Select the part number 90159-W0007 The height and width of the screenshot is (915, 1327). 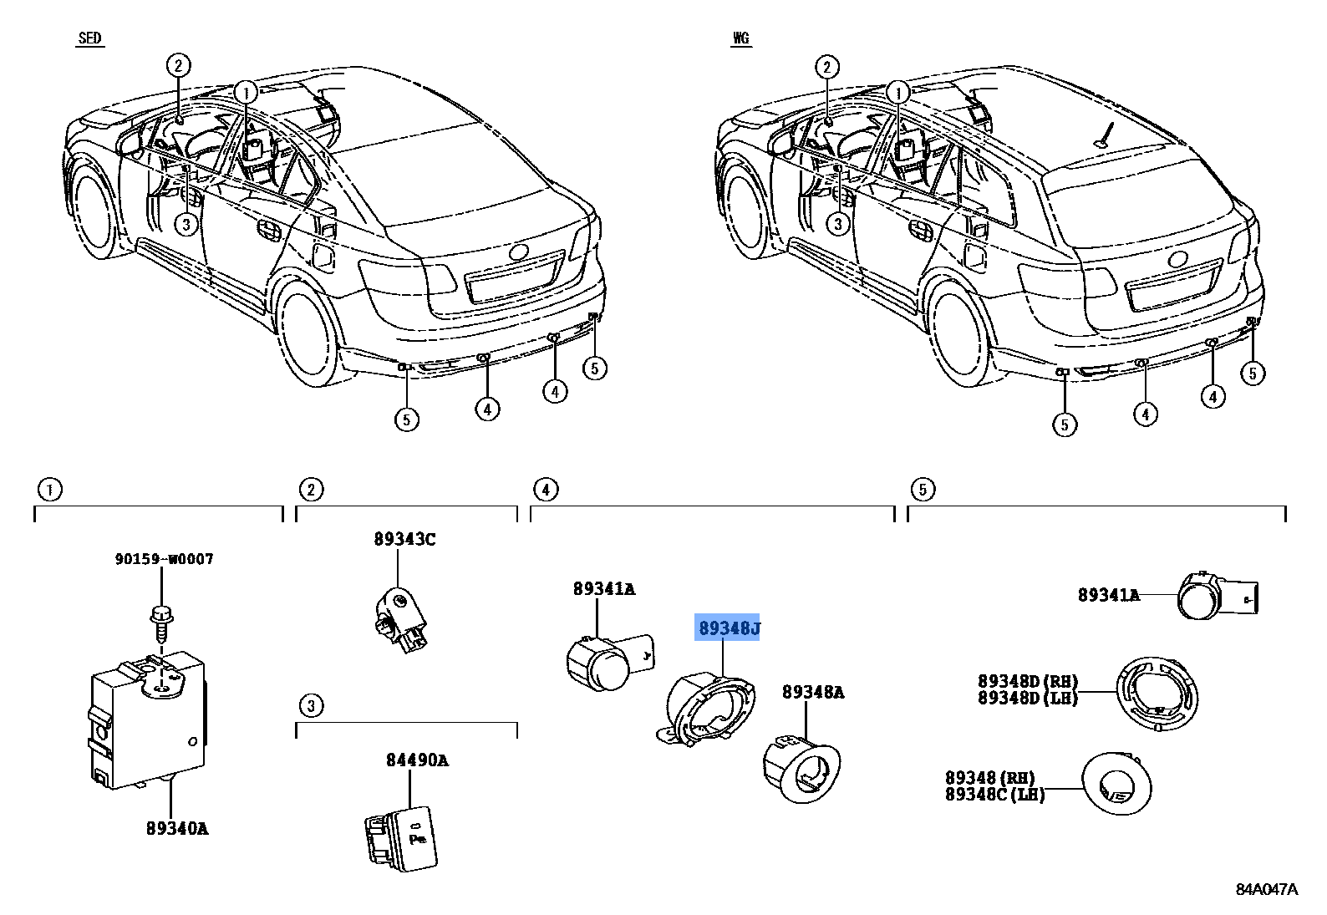[x=164, y=559]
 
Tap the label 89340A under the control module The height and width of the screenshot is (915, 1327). [x=176, y=828]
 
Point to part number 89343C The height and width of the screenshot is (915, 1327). [x=404, y=539]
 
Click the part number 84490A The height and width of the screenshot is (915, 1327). [x=416, y=760]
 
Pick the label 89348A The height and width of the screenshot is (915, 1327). [x=812, y=692]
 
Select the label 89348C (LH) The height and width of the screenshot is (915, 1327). [x=994, y=795]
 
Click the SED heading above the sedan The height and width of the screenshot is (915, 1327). [x=89, y=38]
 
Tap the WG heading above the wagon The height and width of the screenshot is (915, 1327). [x=740, y=38]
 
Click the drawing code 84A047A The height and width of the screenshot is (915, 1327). [x=1267, y=889]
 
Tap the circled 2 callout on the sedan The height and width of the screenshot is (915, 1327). [x=177, y=65]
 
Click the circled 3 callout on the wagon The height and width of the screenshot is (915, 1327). [x=838, y=223]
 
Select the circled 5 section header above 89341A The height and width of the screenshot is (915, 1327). [x=923, y=490]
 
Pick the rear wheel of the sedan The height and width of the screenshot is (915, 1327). [x=308, y=333]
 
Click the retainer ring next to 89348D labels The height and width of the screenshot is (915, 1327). [x=1157, y=694]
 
